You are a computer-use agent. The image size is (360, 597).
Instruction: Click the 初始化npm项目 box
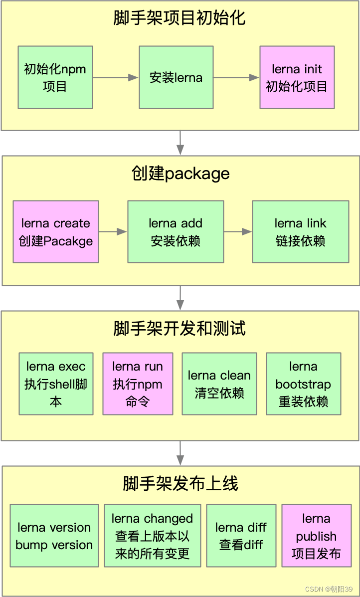click(55, 77)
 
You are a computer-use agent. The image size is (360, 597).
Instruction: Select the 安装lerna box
click(176, 77)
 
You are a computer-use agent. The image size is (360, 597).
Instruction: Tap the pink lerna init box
click(297, 77)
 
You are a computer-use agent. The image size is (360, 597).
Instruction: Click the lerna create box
click(56, 232)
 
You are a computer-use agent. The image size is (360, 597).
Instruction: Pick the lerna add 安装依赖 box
click(176, 232)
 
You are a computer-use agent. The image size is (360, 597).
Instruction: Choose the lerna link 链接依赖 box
click(300, 232)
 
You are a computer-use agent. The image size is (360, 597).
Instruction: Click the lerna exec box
click(56, 384)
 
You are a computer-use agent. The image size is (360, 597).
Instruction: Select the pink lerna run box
click(138, 384)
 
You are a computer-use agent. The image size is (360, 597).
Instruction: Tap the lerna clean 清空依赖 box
click(219, 384)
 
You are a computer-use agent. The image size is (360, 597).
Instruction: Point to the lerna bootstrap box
click(303, 384)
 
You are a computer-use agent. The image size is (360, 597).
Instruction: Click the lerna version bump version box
click(54, 536)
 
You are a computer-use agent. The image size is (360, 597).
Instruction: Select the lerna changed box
click(152, 536)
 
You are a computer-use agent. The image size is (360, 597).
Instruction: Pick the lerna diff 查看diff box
click(241, 536)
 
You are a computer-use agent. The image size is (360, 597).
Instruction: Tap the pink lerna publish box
click(316, 536)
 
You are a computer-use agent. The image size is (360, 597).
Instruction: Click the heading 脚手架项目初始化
click(180, 18)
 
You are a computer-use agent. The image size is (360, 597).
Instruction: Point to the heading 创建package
click(180, 174)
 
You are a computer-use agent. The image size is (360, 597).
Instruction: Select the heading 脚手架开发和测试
click(180, 329)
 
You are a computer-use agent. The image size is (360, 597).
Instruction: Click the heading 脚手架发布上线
click(180, 483)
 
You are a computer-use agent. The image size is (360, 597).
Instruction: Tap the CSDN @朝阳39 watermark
click(333, 589)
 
